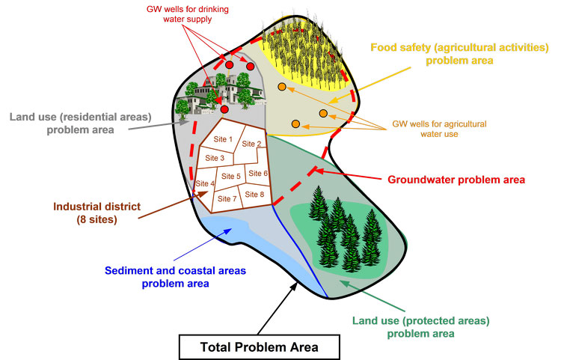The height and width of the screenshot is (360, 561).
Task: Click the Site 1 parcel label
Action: pyautogui.click(x=223, y=139)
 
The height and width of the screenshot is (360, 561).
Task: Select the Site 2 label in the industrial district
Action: pyautogui.click(x=251, y=144)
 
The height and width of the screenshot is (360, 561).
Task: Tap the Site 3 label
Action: pyautogui.click(x=215, y=158)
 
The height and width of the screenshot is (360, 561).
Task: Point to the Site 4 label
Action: pyautogui.click(x=205, y=183)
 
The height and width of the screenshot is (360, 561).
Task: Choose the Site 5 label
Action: pyautogui.click(x=231, y=177)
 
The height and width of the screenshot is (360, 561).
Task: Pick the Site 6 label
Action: pyautogui.click(x=258, y=174)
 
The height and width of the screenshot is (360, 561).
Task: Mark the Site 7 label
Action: pyautogui.click(x=227, y=199)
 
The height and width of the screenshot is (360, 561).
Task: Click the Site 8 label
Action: pyautogui.click(x=254, y=195)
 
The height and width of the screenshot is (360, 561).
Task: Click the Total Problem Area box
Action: pyautogui.click(x=259, y=347)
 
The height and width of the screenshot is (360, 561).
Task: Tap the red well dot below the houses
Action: pyautogui.click(x=224, y=109)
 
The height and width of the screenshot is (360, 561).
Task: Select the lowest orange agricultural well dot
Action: pyautogui.click(x=295, y=123)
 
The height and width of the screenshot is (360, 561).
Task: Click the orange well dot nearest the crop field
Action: pyautogui.click(x=282, y=87)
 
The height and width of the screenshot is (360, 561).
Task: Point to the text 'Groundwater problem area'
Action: pyautogui.click(x=456, y=180)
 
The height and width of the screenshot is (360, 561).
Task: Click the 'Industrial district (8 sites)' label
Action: pyautogui.click(x=97, y=213)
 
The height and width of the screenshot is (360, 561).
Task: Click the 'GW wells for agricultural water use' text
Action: pyautogui.click(x=439, y=129)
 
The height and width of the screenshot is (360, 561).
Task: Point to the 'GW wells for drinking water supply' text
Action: pyautogui.click(x=188, y=14)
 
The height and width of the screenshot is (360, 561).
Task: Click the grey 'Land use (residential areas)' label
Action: pyautogui.click(x=81, y=123)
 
